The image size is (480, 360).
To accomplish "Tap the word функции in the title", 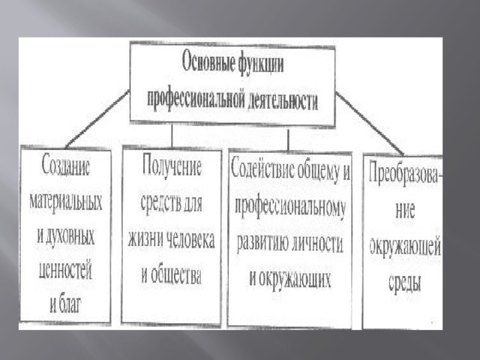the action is point(260,63).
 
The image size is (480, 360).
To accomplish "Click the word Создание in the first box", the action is point(66,166).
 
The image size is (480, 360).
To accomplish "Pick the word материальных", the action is point(66,202).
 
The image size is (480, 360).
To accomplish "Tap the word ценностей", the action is point(65,270).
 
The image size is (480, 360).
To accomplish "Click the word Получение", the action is point(172,166).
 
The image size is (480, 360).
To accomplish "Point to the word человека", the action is point(192,239).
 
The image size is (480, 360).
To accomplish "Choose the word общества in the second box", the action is point(177,274).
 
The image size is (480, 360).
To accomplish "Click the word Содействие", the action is point(263,169).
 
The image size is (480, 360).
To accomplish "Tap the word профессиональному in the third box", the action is point(290,207).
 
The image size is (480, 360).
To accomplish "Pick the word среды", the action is point(405,282).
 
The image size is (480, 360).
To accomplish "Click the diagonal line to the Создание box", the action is point(97,118).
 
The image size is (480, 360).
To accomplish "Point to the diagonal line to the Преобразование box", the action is point(369,122).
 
